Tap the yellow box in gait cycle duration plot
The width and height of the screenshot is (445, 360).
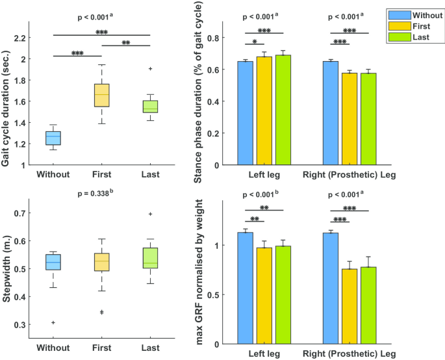point(102,95)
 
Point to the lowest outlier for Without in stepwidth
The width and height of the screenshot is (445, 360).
point(53,322)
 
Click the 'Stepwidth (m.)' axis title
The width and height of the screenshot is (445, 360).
point(8,268)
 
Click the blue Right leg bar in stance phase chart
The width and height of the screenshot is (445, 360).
point(331,113)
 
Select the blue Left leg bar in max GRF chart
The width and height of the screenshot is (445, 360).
point(245,288)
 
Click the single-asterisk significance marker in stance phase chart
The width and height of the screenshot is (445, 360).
point(255,43)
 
